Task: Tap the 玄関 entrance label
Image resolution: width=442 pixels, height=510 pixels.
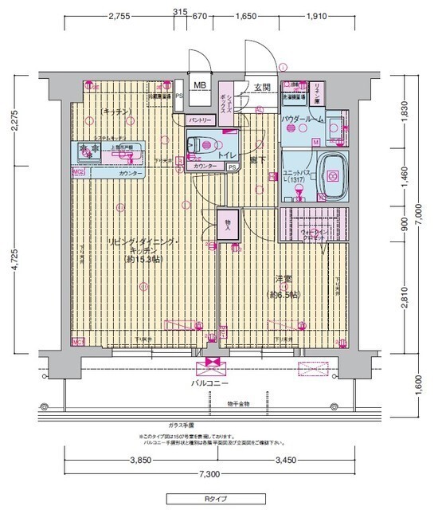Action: pyautogui.click(x=262, y=87)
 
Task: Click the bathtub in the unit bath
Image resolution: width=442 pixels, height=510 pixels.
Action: pyautogui.click(x=335, y=175)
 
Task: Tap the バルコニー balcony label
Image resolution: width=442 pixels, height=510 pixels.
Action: pyautogui.click(x=211, y=383)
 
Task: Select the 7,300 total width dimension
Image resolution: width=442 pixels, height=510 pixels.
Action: pyautogui.click(x=209, y=476)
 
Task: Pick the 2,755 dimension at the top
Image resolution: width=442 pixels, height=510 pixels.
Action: pyautogui.click(x=120, y=15)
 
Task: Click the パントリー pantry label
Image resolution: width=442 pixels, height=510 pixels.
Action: pyautogui.click(x=199, y=120)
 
